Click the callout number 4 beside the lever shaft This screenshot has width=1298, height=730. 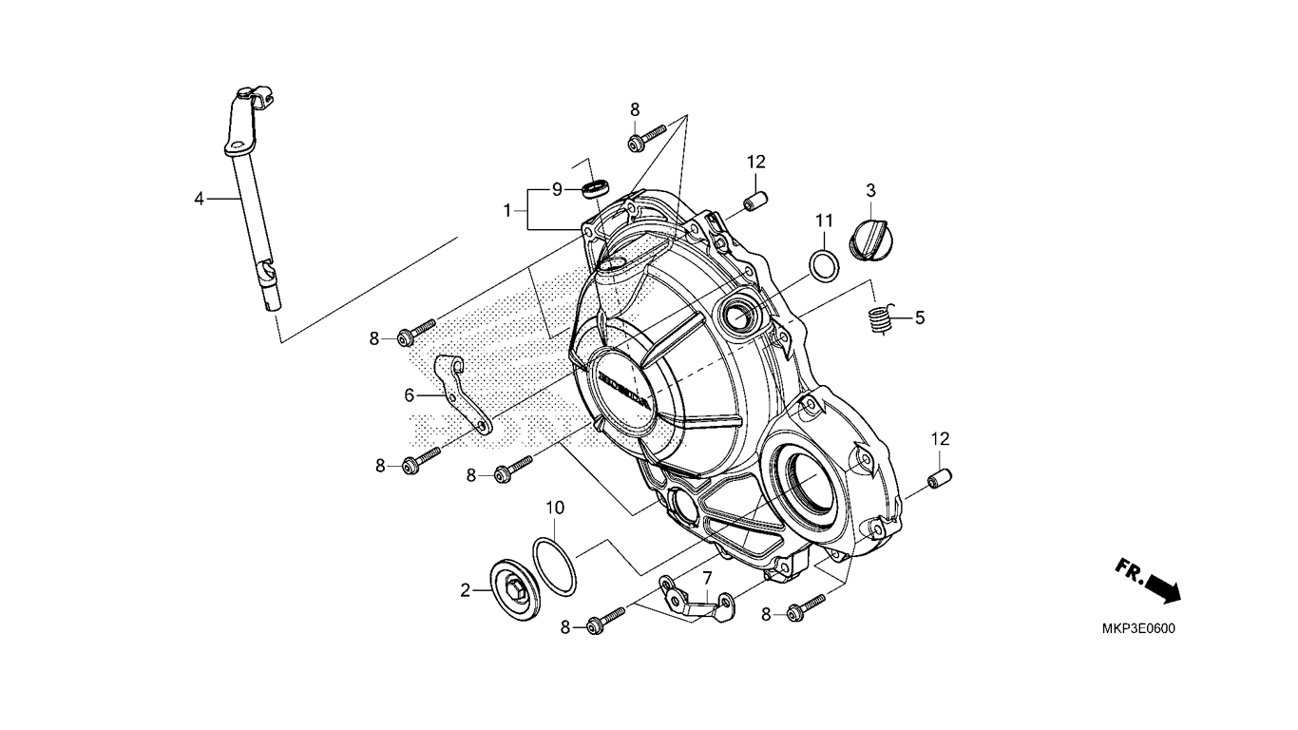(x=199, y=199)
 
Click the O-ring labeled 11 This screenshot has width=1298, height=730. (x=824, y=267)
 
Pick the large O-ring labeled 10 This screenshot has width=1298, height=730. (x=555, y=567)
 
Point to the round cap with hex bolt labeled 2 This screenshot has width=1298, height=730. (x=515, y=589)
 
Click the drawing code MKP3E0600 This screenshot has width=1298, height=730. (x=1138, y=629)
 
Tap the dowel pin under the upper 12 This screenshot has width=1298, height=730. (x=755, y=202)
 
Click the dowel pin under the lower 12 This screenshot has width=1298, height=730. (x=940, y=479)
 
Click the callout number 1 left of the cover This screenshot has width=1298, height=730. (x=507, y=211)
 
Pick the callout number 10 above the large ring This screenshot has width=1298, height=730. (x=555, y=508)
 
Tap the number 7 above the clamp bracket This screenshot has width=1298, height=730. (x=707, y=578)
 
